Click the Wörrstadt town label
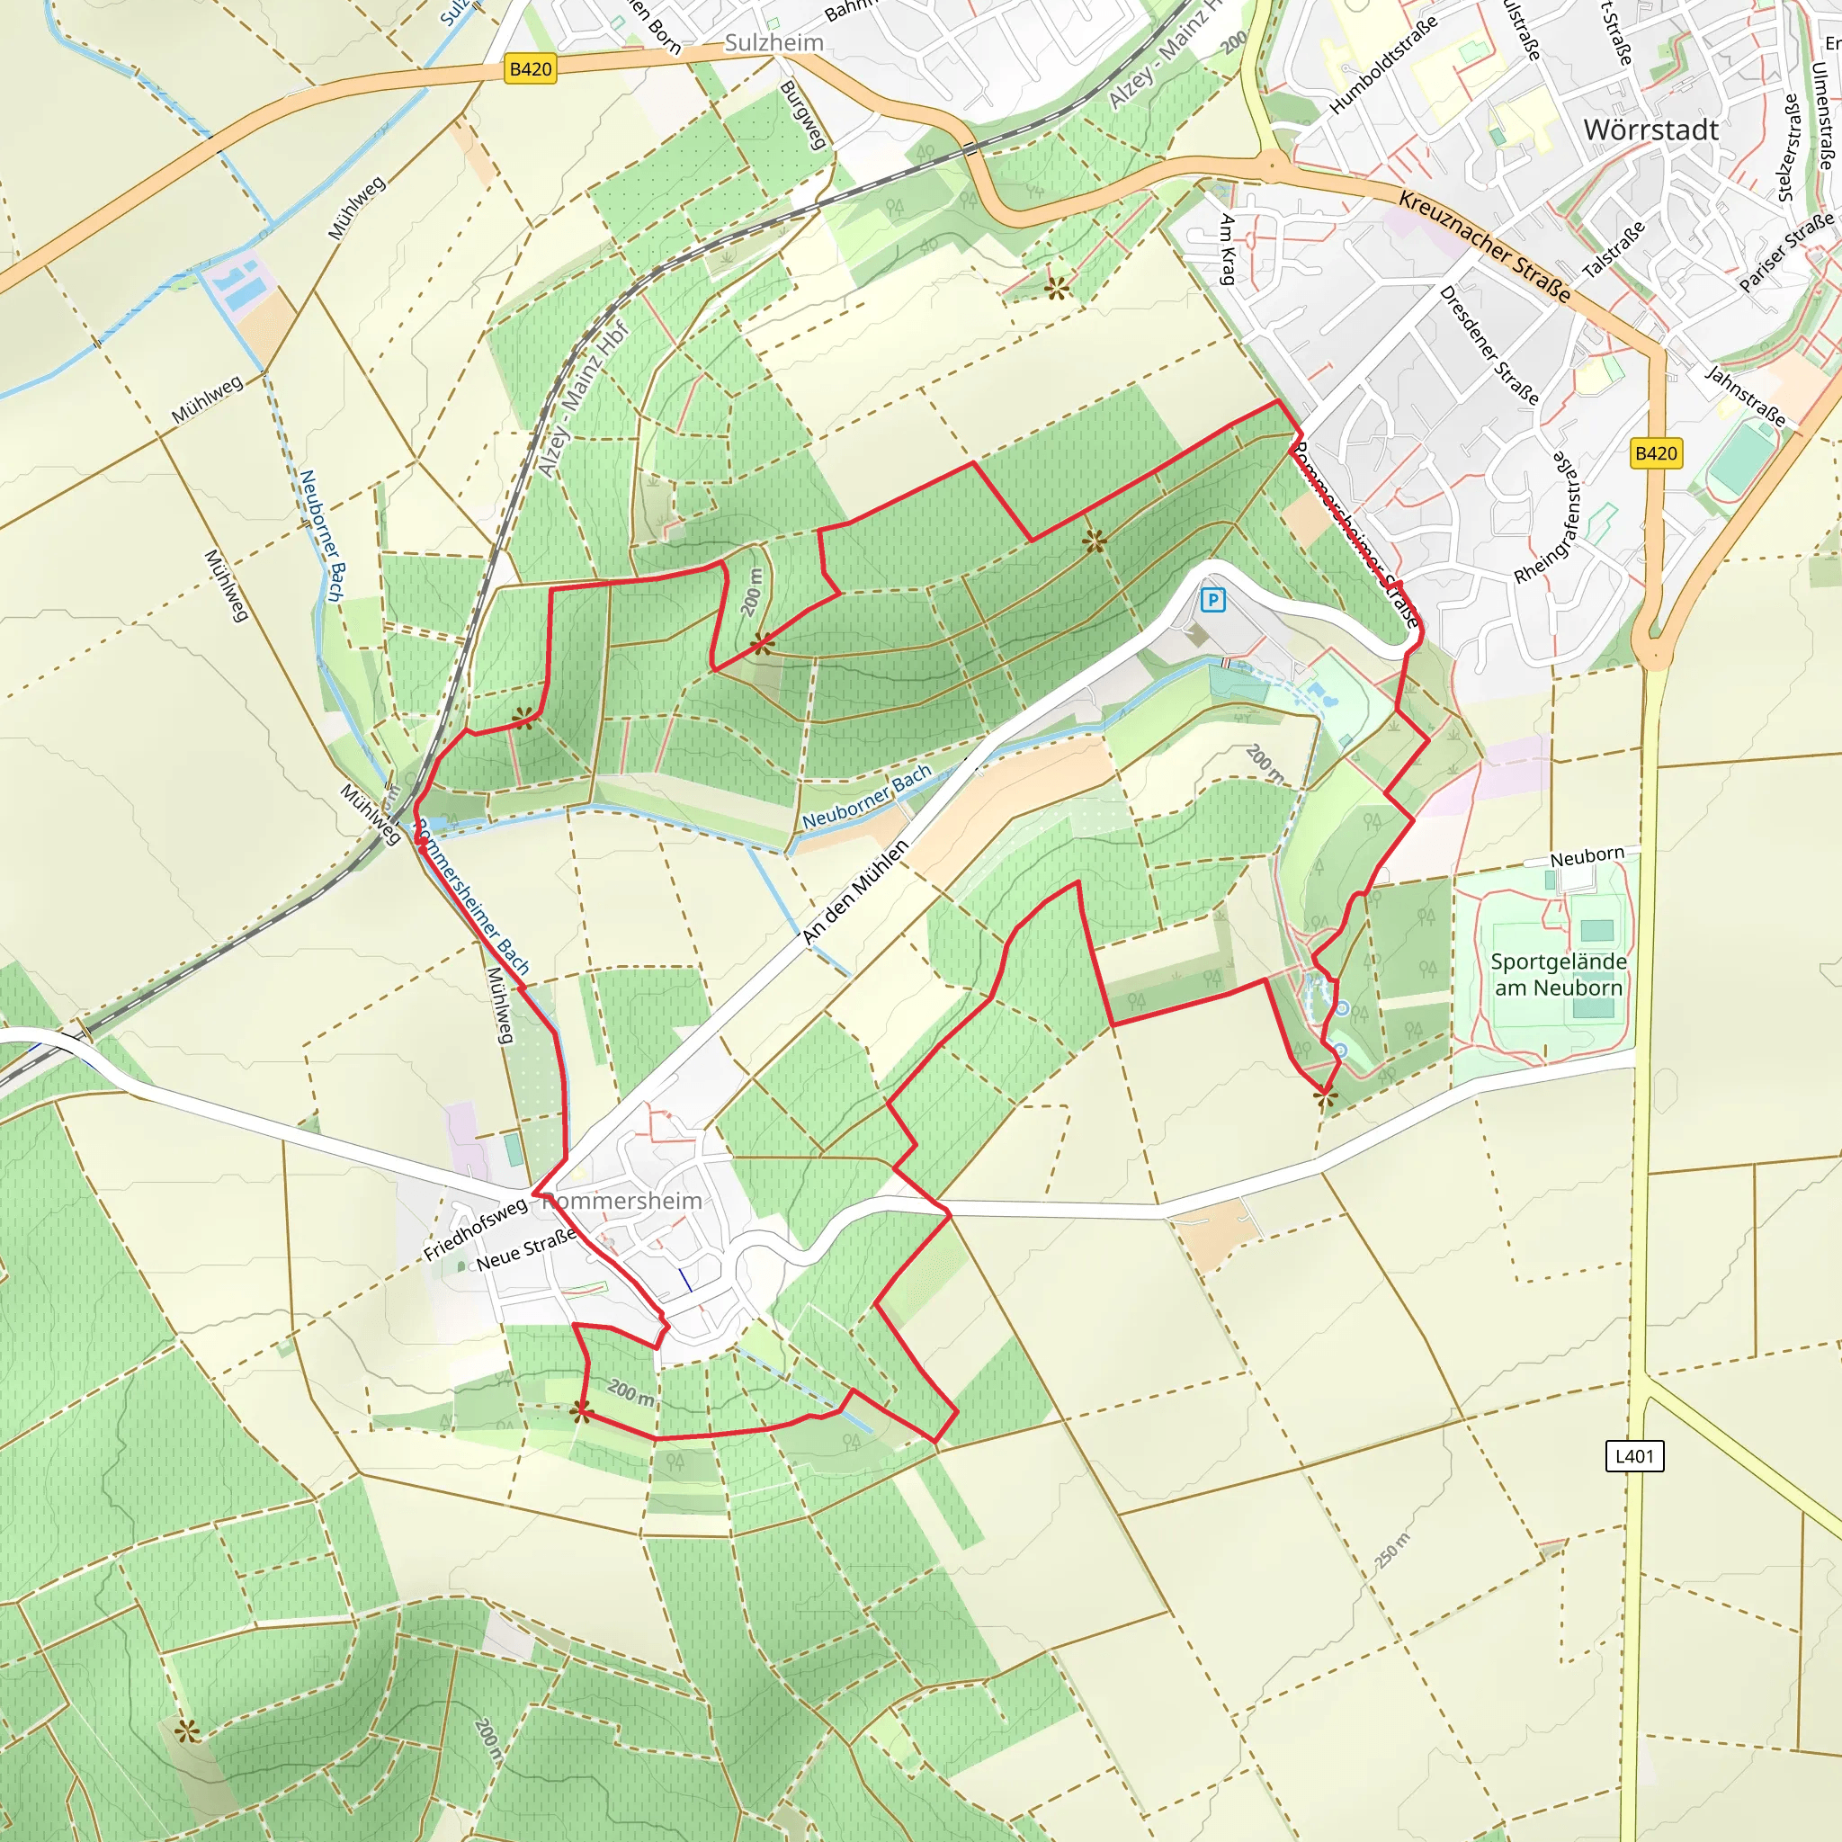[x=1650, y=130]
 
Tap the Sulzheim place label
[x=773, y=43]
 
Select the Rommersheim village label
[x=621, y=1201]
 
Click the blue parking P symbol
[x=1212, y=600]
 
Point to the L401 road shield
[x=1635, y=1456]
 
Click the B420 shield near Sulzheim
[x=530, y=68]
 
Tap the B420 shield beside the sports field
[x=1656, y=453]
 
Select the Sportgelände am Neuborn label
[x=1558, y=974]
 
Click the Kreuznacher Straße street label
[x=1483, y=246]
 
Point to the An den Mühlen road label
[x=855, y=892]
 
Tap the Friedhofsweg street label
[x=475, y=1229]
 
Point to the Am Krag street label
[x=1227, y=250]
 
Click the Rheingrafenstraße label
[x=1546, y=517]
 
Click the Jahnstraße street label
[x=1745, y=396]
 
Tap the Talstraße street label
[x=1614, y=250]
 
